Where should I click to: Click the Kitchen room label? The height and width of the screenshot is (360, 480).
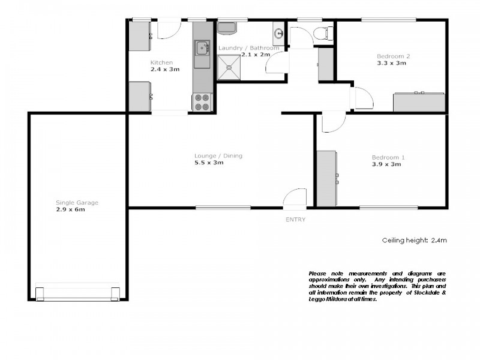(x=161, y=62)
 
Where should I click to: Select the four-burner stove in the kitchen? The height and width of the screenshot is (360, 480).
(x=202, y=102)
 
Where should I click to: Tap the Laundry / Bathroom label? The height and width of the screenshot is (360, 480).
(x=248, y=48)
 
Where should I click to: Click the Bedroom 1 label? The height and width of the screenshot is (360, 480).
(x=388, y=158)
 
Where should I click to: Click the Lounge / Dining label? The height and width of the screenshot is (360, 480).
(x=218, y=156)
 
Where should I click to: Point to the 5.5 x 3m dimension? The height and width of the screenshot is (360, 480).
(x=209, y=163)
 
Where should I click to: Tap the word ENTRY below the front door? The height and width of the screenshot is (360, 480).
(x=295, y=220)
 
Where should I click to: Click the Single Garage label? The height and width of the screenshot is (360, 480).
(x=77, y=203)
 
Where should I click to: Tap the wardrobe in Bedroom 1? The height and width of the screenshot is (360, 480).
(x=327, y=179)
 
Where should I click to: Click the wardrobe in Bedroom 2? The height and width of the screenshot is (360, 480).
(x=419, y=102)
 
